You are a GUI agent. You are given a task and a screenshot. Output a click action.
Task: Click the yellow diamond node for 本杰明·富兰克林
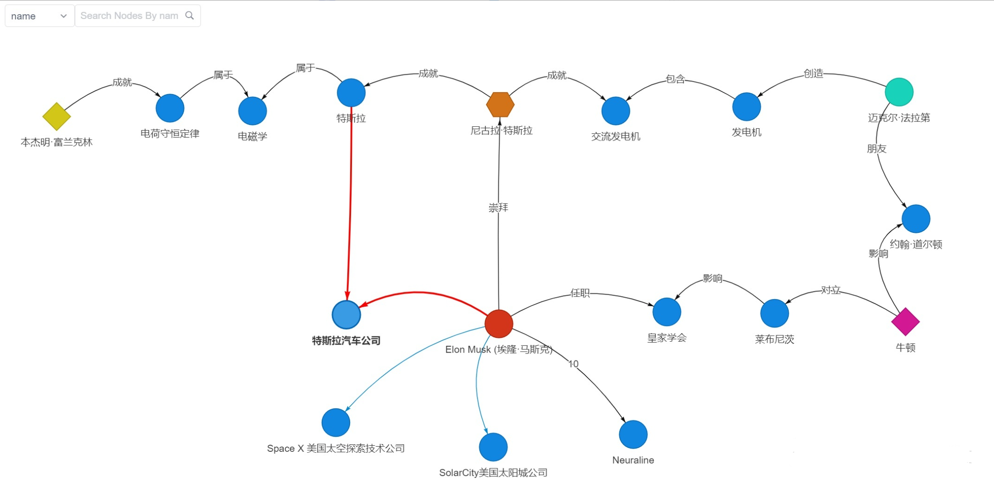[56, 116]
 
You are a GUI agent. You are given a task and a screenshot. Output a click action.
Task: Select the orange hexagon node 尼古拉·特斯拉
[500, 105]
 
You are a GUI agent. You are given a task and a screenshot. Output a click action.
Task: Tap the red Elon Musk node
[499, 324]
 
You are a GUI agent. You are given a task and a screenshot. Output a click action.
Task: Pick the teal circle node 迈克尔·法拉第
[899, 92]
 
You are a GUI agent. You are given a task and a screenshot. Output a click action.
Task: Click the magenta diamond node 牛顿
[905, 322]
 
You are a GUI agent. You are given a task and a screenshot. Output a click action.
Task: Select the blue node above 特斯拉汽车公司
[351, 92]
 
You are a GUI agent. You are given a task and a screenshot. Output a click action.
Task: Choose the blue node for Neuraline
[633, 434]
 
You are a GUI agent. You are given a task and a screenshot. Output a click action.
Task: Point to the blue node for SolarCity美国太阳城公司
[493, 447]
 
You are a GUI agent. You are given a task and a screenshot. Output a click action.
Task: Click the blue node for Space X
[336, 423]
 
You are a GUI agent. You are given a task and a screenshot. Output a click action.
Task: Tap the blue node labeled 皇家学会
[667, 312]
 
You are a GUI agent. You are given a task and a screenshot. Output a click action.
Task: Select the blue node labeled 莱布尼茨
[774, 313]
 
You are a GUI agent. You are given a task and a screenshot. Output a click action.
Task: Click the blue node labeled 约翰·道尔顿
[916, 219]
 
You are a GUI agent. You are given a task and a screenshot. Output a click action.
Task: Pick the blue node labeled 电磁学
[253, 111]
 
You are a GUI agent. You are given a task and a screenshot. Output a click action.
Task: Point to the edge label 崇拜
[498, 208]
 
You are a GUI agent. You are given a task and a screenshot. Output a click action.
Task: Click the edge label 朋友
[877, 149]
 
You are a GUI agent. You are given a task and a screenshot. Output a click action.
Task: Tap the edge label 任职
[580, 293]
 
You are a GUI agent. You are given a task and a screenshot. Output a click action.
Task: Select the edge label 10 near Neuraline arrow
[573, 364]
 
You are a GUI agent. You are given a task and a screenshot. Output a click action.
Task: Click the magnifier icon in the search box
[190, 16]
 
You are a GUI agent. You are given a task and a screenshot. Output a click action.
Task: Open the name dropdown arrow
[63, 16]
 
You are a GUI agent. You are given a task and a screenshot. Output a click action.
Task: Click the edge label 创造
[814, 73]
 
